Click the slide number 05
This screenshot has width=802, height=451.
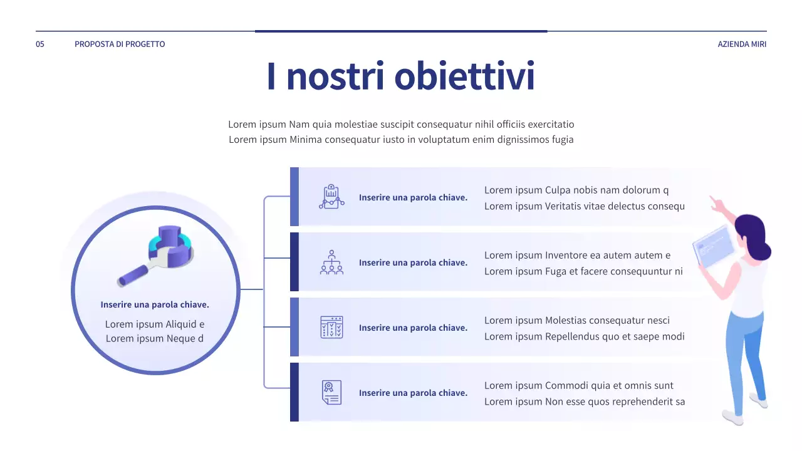pyautogui.click(x=40, y=44)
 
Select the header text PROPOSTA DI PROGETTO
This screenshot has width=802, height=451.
pyautogui.click(x=120, y=44)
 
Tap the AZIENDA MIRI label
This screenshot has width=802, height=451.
pyautogui.click(x=742, y=44)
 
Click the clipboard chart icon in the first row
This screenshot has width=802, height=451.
pyautogui.click(x=331, y=197)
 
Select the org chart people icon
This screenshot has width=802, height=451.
pyautogui.click(x=331, y=262)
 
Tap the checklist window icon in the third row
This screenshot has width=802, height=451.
pyautogui.click(x=331, y=327)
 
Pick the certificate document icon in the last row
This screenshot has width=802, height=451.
pyautogui.click(x=331, y=392)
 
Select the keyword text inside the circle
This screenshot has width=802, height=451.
pyautogui.click(x=155, y=304)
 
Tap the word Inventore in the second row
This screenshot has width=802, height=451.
pyautogui.click(x=567, y=255)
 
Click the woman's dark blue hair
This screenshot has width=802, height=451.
pyautogui.click(x=754, y=236)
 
